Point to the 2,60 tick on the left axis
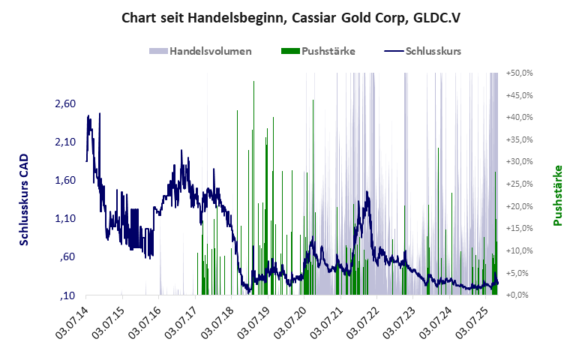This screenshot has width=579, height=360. (x=65, y=103)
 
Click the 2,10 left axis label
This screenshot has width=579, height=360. (x=65, y=142)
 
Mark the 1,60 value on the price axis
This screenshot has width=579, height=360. (x=65, y=180)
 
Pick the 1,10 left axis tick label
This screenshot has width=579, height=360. (x=65, y=218)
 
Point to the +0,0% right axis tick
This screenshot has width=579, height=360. (x=520, y=295)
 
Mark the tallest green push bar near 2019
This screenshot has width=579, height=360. (x=254, y=187)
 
